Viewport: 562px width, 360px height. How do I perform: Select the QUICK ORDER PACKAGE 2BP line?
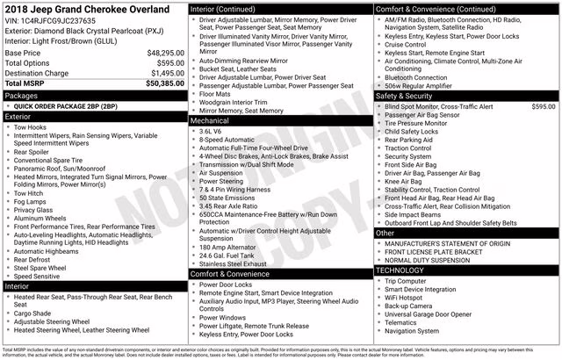(65, 105)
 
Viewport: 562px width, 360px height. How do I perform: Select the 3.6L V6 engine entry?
(216, 130)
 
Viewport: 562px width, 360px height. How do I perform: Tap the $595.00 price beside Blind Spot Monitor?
(544, 105)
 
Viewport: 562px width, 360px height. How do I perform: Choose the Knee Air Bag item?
(405, 181)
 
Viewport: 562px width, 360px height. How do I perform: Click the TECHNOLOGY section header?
(400, 270)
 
